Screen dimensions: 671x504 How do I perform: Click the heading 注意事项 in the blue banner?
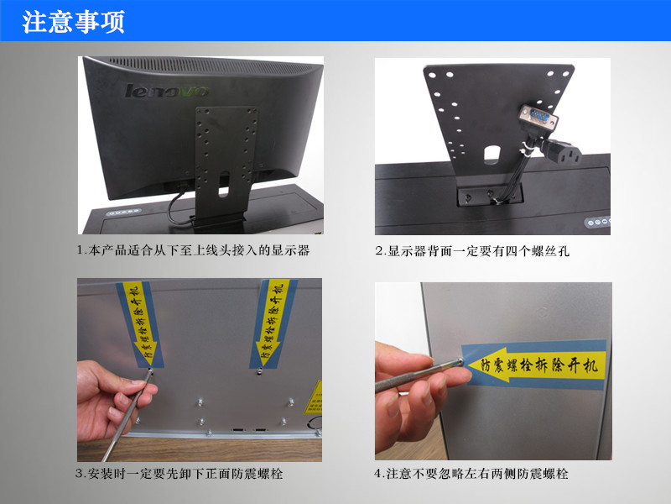pyautogui.click(x=73, y=22)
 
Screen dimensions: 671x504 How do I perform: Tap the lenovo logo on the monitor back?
pyautogui.click(x=167, y=91)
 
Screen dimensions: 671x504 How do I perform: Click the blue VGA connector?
pyautogui.click(x=538, y=116)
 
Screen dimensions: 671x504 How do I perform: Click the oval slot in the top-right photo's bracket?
pyautogui.click(x=492, y=155)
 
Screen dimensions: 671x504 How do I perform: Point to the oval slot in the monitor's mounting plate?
pyautogui.click(x=224, y=184)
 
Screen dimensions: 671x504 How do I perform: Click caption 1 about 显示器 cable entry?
pyautogui.click(x=193, y=250)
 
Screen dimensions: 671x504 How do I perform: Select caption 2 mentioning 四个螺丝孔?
pyautogui.click(x=472, y=250)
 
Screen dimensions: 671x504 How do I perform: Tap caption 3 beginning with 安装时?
pyautogui.click(x=179, y=474)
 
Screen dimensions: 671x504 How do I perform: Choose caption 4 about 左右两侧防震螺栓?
pyautogui.click(x=471, y=474)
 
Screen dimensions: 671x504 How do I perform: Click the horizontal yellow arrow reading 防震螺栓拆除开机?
pyautogui.click(x=536, y=365)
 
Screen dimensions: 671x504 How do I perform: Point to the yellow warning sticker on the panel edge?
pyautogui.click(x=315, y=397)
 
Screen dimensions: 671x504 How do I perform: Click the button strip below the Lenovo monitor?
pyautogui.click(x=123, y=213)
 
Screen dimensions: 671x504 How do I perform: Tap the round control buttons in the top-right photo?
pyautogui.click(x=598, y=222)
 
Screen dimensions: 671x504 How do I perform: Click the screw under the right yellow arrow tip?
pyautogui.click(x=259, y=372)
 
